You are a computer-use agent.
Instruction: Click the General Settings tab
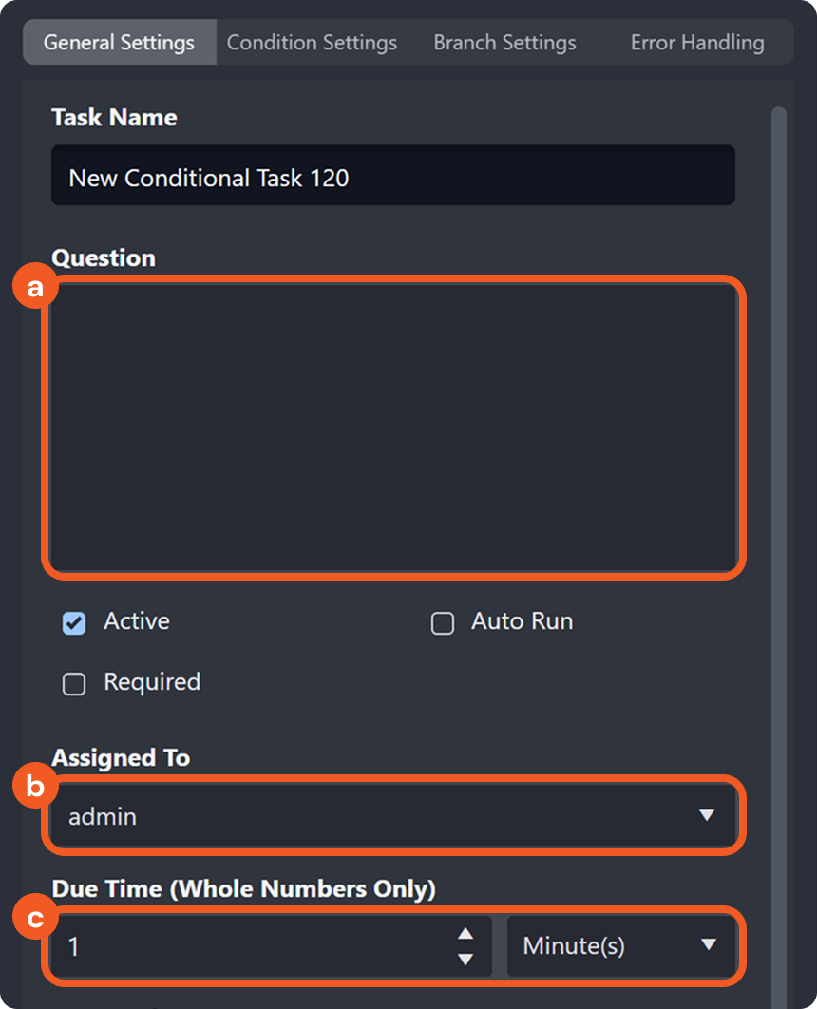[x=119, y=43]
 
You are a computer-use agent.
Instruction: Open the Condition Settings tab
[x=312, y=43]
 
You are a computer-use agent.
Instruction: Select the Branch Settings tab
[x=504, y=43]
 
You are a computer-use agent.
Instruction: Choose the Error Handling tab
[x=697, y=43]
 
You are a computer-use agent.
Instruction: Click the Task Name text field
[x=392, y=177]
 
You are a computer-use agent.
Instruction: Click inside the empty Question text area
[x=392, y=428]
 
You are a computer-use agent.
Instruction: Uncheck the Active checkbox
[x=74, y=623]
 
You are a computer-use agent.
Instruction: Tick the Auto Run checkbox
[x=443, y=623]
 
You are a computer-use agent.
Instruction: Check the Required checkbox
[x=74, y=684]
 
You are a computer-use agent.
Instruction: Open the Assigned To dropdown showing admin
[x=392, y=815]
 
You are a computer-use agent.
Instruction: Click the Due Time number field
[x=256, y=946]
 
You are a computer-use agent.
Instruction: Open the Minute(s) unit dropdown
[x=621, y=946]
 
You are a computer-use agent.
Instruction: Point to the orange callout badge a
[x=35, y=288]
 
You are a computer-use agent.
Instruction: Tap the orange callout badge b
[x=35, y=787]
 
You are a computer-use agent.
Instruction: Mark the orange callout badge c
[x=35, y=919]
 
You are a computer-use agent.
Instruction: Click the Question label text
[x=104, y=258]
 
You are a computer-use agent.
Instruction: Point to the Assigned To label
[x=121, y=758]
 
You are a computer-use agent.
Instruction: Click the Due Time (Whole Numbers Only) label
[x=243, y=889]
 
